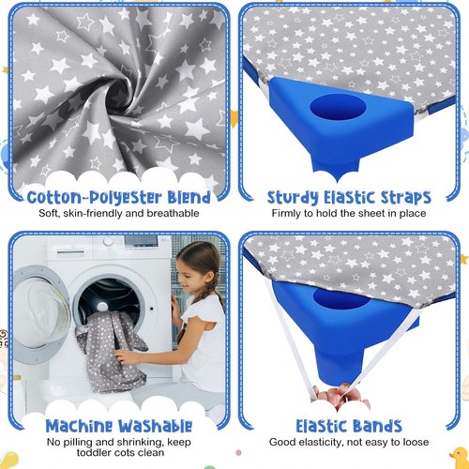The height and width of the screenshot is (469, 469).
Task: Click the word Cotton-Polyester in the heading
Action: (x=95, y=198)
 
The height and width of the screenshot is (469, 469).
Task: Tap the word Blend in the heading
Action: (x=189, y=197)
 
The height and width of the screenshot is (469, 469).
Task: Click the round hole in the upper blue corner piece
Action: (x=338, y=108)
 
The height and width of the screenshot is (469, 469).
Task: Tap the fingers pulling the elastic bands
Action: (x=340, y=395)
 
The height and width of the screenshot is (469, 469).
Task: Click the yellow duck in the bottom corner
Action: (x=460, y=457)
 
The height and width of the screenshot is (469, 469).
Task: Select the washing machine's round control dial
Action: (x=108, y=241)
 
